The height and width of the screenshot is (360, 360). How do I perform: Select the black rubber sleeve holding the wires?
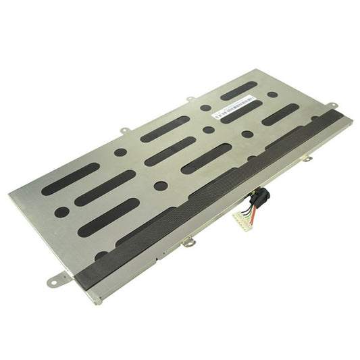(x=258, y=198)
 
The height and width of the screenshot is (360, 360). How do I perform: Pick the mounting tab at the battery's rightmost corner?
(x=332, y=105)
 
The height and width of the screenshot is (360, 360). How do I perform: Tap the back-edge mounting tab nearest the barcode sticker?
(x=191, y=99)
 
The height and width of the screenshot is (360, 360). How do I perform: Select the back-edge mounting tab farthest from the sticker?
(x=125, y=130)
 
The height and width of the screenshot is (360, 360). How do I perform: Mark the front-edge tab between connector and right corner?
(x=307, y=158)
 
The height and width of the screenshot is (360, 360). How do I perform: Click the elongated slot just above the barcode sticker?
(x=238, y=90)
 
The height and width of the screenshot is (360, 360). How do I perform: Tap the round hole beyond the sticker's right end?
(x=272, y=95)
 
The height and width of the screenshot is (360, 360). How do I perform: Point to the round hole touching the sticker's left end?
(x=205, y=108)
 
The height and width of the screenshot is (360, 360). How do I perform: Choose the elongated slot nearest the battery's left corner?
(x=70, y=179)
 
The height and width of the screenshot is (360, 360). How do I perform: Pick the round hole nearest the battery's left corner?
(x=61, y=211)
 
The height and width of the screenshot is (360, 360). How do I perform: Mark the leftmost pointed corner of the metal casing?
(x=9, y=195)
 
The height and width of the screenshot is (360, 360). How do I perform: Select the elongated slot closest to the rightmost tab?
(x=280, y=114)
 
